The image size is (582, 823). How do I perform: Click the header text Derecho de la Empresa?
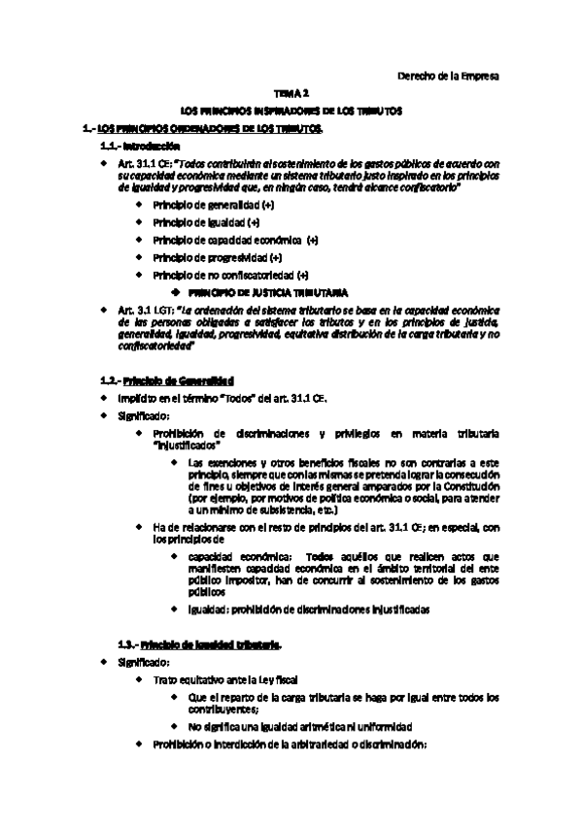[449, 77]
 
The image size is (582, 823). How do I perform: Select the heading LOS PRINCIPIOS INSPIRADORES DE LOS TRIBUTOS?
[291, 113]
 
